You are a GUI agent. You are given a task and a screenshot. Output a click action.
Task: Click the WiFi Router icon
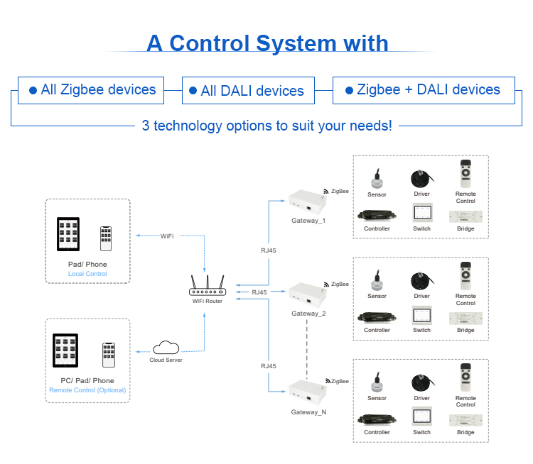[205, 287]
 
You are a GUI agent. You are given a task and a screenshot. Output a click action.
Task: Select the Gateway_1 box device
[307, 201]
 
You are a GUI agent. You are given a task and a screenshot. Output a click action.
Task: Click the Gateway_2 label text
[308, 314]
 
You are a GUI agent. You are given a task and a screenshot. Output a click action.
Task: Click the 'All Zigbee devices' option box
[91, 90]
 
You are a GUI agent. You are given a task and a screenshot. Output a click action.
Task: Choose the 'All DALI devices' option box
[247, 91]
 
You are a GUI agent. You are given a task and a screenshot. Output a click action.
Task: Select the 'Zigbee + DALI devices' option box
[423, 90]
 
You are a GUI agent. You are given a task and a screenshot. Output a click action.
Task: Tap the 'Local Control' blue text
[87, 274]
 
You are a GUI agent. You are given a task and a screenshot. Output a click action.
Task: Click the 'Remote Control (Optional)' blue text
[87, 390]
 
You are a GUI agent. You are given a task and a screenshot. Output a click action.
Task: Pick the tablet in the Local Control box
[72, 234]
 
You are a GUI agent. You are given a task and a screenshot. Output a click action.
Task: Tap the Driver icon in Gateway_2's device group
[422, 279]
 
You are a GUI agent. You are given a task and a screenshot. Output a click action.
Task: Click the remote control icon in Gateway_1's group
[465, 173]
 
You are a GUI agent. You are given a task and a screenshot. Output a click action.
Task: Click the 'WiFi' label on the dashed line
[167, 236]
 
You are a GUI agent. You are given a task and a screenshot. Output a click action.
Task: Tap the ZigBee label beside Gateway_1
[339, 191]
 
